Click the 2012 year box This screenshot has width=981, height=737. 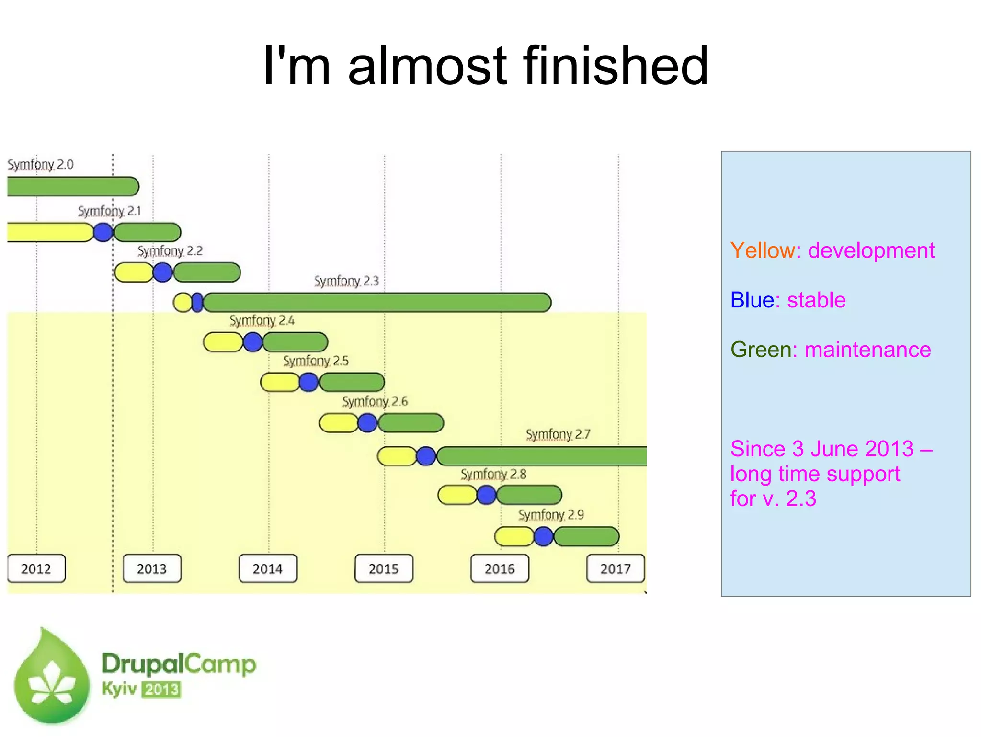pos(36,568)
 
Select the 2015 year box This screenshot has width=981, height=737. pos(384,568)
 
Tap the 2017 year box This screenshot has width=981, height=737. pos(616,568)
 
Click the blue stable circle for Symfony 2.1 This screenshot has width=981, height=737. pos(103,232)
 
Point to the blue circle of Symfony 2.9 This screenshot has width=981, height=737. pos(544,536)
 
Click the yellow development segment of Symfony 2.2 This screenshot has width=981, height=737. pos(134,272)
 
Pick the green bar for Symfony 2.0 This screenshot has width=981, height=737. pos(72,186)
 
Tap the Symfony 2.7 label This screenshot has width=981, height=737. pos(558,434)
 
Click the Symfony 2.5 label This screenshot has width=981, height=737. pos(316,361)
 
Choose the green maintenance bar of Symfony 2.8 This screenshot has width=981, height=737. pos(529,495)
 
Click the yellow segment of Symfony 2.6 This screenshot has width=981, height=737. pos(338,423)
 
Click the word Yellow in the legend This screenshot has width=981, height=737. pos(763,250)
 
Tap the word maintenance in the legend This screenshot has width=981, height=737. pos(867,350)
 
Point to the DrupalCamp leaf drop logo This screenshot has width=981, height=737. pos(52,676)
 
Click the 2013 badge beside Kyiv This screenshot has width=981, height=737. pos(162,690)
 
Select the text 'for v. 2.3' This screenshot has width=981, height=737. pos(773,499)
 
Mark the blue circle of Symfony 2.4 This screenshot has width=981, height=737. pos(253,342)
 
